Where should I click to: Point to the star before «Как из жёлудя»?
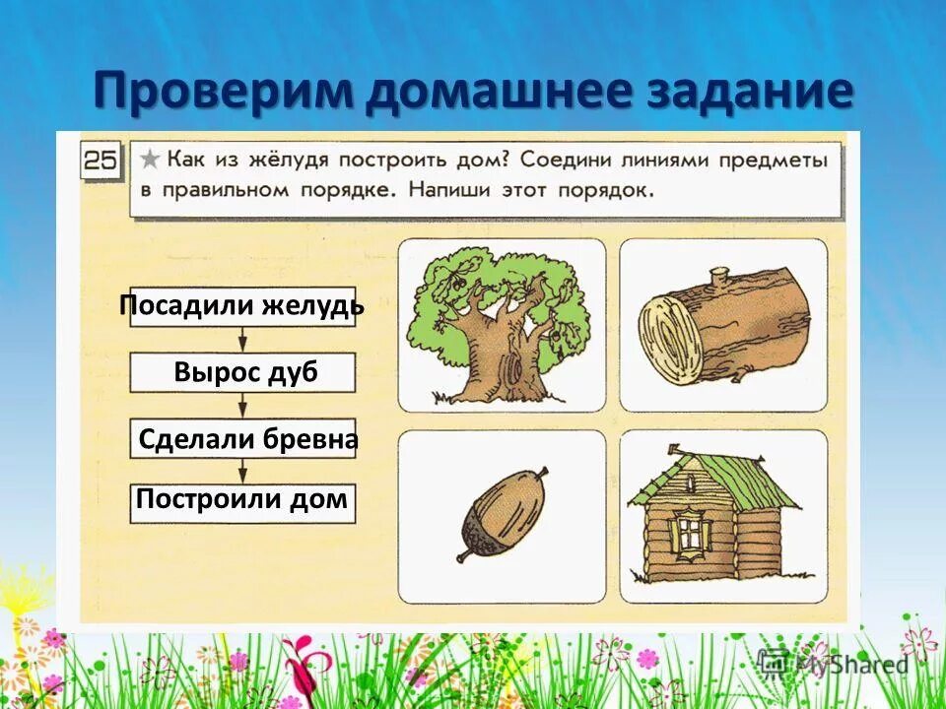[x=150, y=158]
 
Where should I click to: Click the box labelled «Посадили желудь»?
[x=242, y=306]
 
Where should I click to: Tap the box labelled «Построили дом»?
[x=242, y=500]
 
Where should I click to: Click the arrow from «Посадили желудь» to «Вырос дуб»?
[x=243, y=340]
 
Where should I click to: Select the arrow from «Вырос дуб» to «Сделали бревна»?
[x=243, y=406]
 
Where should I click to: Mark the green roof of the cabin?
[x=719, y=479]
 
